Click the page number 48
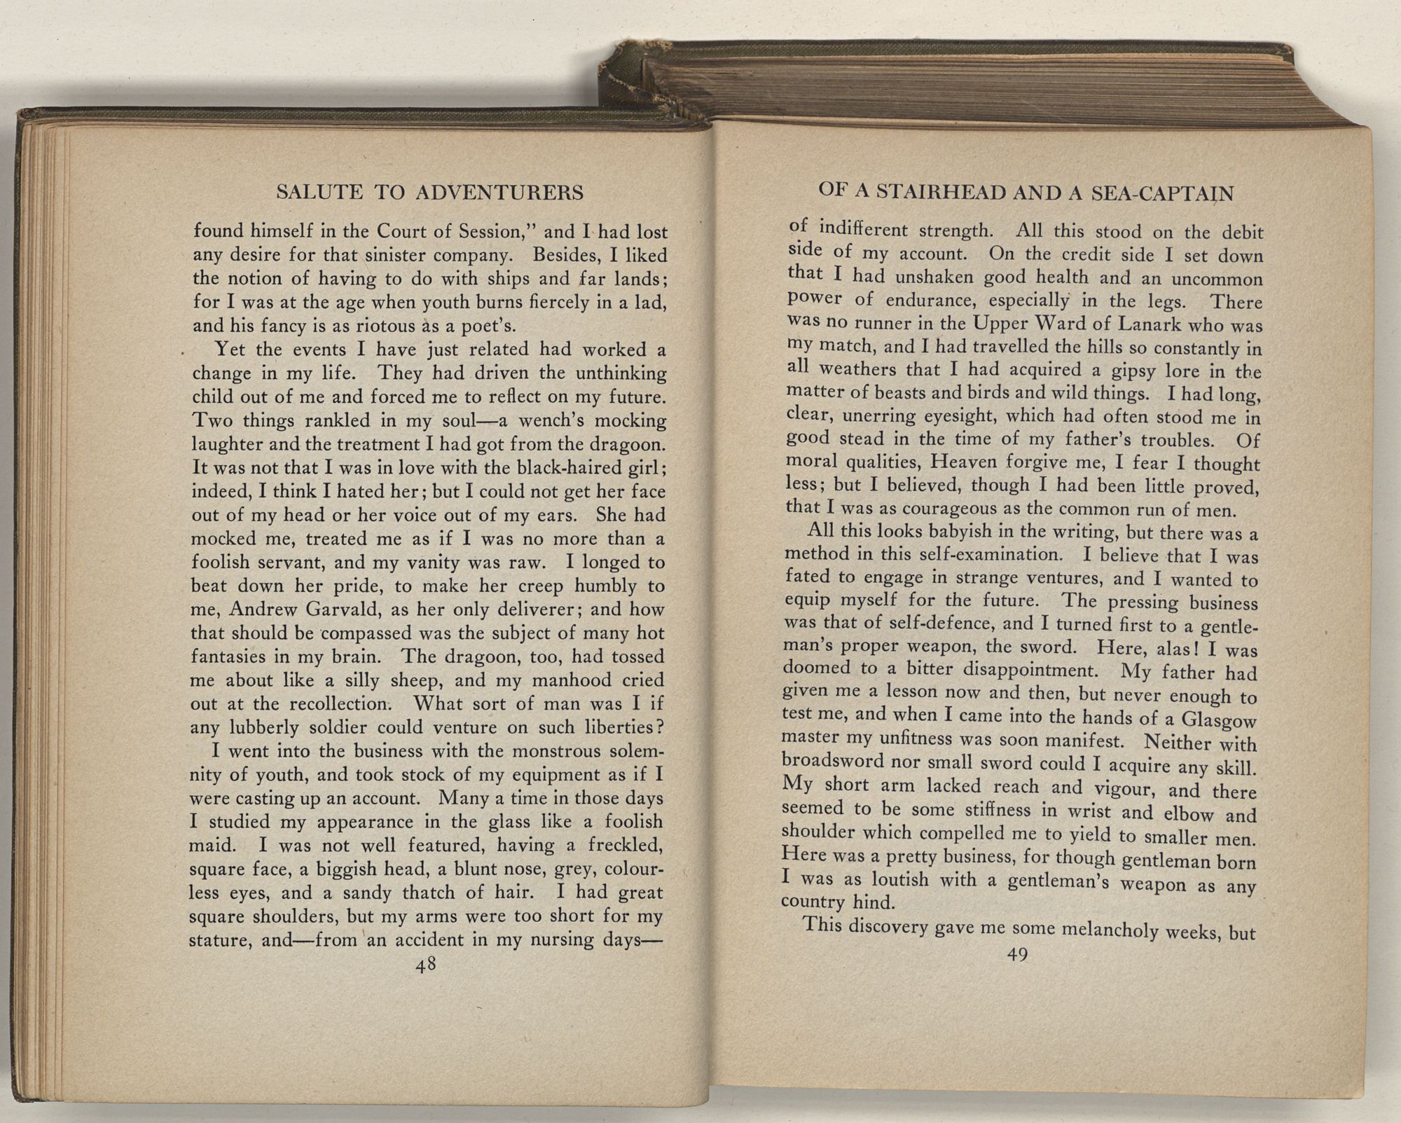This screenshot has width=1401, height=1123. [426, 965]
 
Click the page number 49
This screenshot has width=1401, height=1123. [1016, 956]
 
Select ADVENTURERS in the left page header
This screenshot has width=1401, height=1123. [499, 192]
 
